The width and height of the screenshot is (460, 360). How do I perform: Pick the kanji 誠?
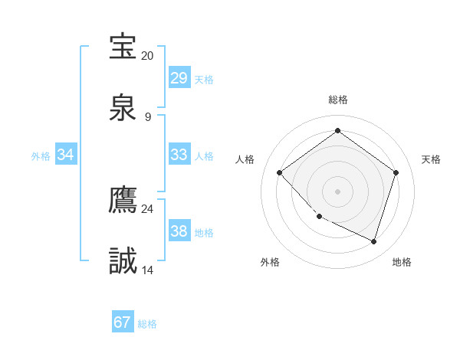point(123,262)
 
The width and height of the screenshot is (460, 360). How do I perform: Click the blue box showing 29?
point(179,78)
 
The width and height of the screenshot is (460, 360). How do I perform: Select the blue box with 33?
point(179,155)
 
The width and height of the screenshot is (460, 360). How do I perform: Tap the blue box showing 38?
point(179,231)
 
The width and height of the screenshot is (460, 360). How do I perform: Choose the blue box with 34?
point(66,155)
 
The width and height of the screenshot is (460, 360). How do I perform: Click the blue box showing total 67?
point(123,322)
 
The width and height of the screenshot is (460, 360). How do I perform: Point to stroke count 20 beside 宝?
point(147,56)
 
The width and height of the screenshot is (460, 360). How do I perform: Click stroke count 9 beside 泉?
point(148,117)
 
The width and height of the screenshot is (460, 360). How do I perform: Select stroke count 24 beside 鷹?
point(147,208)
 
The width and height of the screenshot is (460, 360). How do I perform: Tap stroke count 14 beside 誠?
point(147,270)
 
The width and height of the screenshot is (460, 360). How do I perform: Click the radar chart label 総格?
point(337,100)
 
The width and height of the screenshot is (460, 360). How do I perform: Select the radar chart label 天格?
point(431,159)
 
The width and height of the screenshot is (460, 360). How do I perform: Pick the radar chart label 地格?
point(402,262)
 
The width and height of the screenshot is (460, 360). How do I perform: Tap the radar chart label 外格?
point(270,262)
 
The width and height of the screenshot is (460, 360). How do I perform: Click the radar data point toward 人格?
point(280,173)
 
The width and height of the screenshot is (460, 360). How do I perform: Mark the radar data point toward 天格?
point(396,172)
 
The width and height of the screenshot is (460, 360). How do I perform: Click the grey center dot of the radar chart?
point(337,191)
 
